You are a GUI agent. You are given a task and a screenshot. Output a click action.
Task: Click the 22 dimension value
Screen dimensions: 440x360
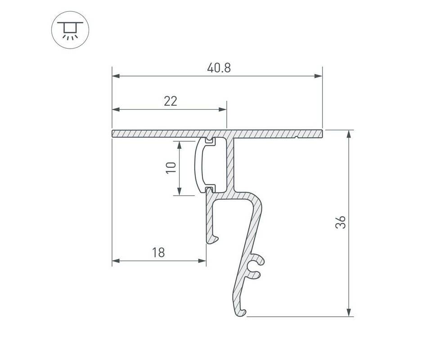click(171, 101)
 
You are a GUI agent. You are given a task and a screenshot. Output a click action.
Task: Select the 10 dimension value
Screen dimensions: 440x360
click(171, 168)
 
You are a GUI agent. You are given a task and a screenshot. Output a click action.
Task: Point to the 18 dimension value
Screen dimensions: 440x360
click(158, 252)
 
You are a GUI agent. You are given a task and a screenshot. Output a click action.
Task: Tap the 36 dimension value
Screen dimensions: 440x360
click(341, 222)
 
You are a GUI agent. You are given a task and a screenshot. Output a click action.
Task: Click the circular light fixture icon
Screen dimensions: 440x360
click(70, 30)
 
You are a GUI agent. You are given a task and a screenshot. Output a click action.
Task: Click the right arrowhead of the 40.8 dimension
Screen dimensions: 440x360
click(319, 76)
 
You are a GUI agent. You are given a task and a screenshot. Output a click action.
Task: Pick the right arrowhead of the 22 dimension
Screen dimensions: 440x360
click(223, 109)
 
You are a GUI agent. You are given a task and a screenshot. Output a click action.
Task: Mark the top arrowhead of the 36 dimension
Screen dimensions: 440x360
click(349, 134)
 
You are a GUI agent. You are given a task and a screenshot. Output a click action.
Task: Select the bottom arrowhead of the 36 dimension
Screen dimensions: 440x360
click(349, 313)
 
